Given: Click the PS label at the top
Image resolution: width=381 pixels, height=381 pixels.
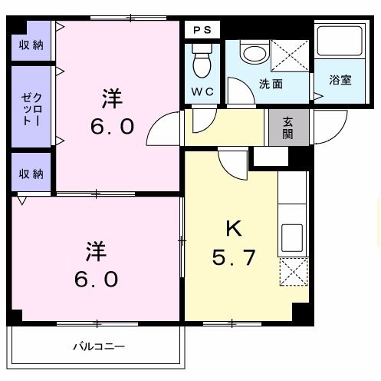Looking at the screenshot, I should click(x=202, y=30).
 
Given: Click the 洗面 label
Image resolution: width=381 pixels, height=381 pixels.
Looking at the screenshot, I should click(x=270, y=84).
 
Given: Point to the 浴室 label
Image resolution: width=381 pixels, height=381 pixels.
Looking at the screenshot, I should click(x=340, y=79).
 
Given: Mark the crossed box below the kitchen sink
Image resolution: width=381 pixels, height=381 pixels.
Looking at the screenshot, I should click(x=292, y=272).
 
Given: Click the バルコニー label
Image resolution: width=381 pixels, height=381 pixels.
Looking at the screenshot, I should click(x=99, y=346).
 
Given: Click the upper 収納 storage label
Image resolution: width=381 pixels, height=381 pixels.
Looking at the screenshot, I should click(x=31, y=45).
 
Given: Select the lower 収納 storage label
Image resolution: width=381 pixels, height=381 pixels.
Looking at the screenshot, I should click(x=31, y=172).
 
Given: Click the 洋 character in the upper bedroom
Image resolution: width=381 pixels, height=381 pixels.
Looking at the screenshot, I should click(x=113, y=98).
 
